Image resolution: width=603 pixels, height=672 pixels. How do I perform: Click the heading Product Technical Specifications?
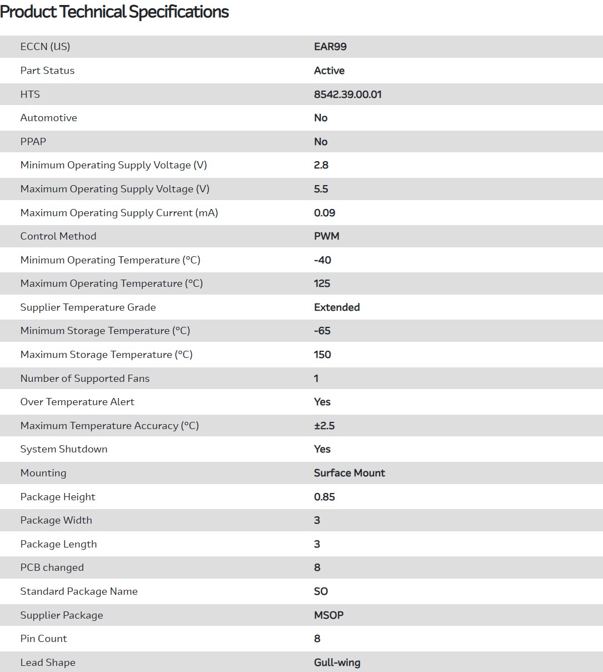[114, 12]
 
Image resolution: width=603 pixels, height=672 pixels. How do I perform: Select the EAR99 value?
[330, 47]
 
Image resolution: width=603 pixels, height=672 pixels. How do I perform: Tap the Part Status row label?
[47, 71]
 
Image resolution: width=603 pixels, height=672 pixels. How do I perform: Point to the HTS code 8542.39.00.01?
[348, 94]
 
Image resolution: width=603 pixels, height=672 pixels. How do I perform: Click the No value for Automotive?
[321, 118]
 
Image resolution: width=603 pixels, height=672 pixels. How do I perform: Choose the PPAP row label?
[33, 142]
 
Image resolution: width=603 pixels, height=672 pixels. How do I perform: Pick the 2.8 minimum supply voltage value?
[321, 165]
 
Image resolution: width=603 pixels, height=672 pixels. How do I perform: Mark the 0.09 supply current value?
[325, 213]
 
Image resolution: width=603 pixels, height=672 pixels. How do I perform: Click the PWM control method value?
[327, 236]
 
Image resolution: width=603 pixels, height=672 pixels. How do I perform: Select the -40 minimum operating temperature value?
[322, 260]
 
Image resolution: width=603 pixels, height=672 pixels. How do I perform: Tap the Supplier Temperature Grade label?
[88, 307]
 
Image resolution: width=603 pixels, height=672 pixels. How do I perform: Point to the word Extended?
[337, 307]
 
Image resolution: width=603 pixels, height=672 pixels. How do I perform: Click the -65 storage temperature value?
[322, 331]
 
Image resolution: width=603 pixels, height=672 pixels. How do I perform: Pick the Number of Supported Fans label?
[85, 379]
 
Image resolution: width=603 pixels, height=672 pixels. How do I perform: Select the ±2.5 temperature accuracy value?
[325, 426]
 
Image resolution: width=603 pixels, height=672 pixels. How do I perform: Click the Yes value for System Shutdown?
[322, 449]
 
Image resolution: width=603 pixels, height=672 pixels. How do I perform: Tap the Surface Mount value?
[350, 473]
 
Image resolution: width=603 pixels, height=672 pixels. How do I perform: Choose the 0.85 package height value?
[325, 497]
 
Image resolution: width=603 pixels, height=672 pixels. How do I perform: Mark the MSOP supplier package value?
[329, 615]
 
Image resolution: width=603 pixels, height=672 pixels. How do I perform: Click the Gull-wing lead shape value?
[337, 663]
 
